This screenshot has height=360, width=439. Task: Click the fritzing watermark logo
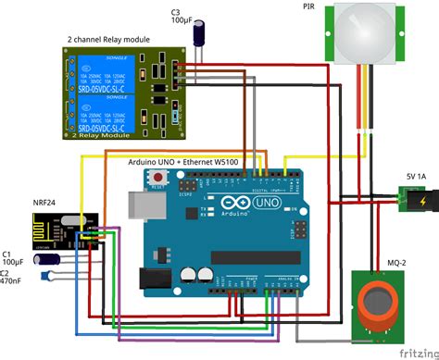point(418,353)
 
